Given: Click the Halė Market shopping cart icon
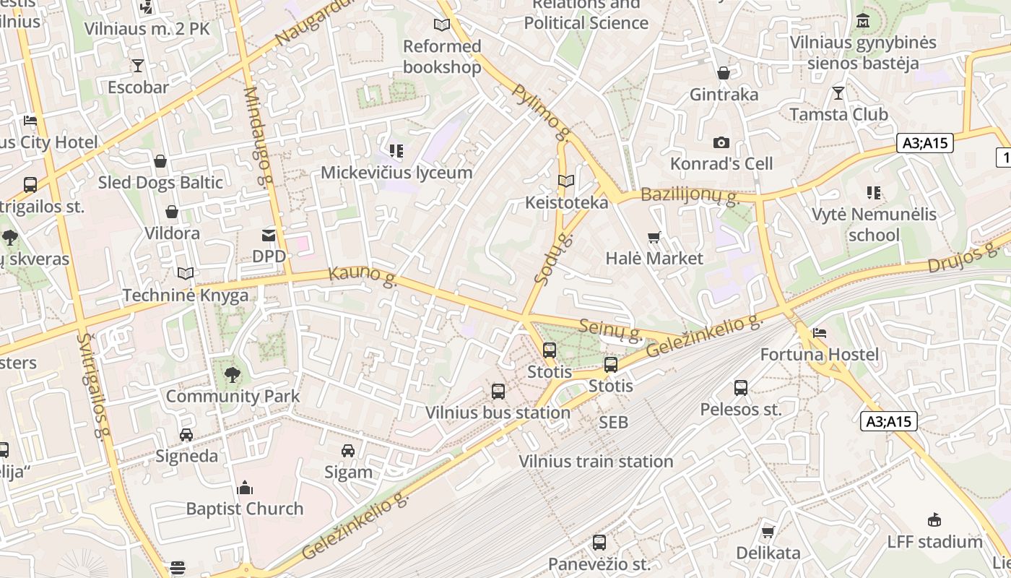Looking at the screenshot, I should (654, 237).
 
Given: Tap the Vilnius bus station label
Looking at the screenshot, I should (498, 413).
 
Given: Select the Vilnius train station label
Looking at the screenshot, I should (596, 462).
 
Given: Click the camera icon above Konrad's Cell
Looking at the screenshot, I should (721, 143).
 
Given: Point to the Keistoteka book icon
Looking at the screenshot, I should (566, 181).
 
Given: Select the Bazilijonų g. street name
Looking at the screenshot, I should (688, 195).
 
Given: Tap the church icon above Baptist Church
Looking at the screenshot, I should (245, 488).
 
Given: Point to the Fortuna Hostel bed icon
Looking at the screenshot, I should (820, 333).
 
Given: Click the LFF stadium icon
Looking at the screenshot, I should (934, 520).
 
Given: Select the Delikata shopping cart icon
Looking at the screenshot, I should (768, 532).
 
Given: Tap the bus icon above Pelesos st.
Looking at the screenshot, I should (741, 388).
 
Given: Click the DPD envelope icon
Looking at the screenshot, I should (269, 235).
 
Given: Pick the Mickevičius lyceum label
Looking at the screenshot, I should (396, 173).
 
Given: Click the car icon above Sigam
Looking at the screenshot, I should (348, 451).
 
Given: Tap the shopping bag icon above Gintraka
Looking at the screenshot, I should (724, 73).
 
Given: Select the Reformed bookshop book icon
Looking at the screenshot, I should (441, 25).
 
